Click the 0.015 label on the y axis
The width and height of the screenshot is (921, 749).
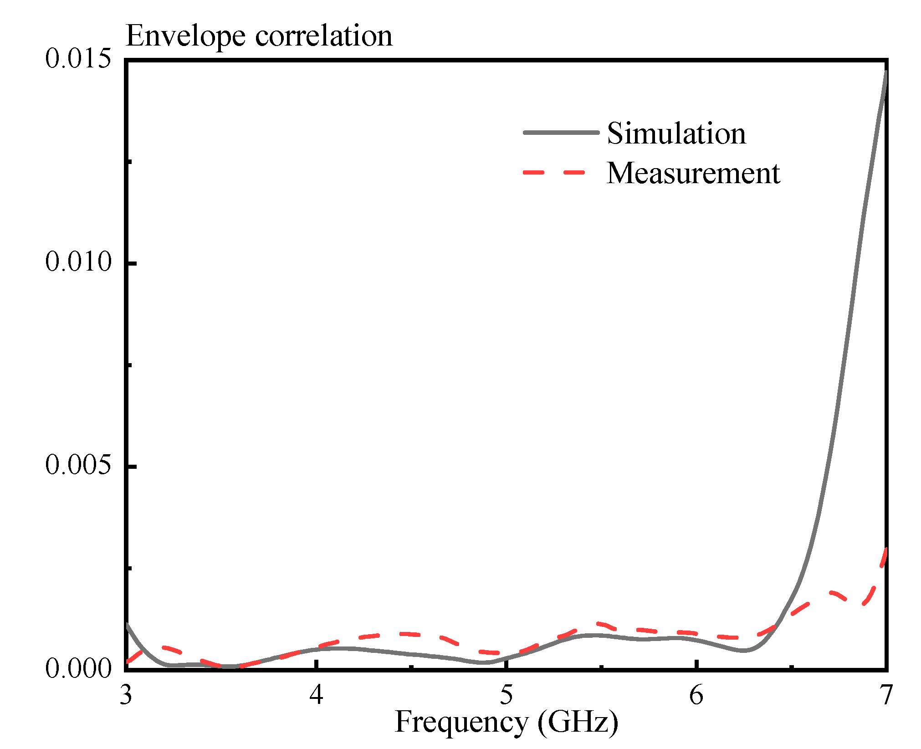point(78,59)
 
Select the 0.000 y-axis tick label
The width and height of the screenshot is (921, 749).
point(78,668)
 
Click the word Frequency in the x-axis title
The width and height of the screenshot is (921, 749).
point(461,723)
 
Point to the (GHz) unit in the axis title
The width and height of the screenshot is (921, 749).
point(578,723)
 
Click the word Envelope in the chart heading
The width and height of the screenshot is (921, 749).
point(185,36)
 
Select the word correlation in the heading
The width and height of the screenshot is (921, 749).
point(323,36)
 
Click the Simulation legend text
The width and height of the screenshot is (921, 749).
point(676,134)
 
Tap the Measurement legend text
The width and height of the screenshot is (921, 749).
point(693,174)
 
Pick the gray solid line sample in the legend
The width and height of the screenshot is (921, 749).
point(561,133)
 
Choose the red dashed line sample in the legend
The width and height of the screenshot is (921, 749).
point(554,173)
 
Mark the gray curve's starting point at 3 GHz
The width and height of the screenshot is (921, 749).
point(128,625)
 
